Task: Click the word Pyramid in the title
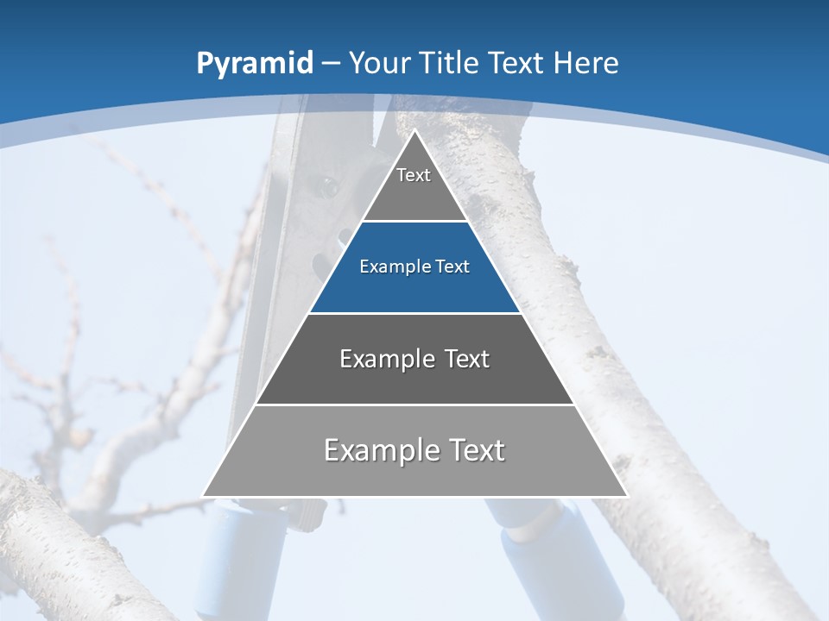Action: click(x=253, y=63)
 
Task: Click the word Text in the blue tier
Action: click(x=452, y=267)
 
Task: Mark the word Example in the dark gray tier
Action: click(x=385, y=358)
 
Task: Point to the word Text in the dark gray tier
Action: click(x=468, y=358)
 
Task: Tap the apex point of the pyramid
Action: click(x=414, y=130)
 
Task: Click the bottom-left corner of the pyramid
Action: click(x=203, y=496)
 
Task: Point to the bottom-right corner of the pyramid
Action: click(x=626, y=496)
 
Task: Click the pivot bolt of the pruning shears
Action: click(x=327, y=185)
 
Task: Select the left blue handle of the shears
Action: click(x=226, y=552)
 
